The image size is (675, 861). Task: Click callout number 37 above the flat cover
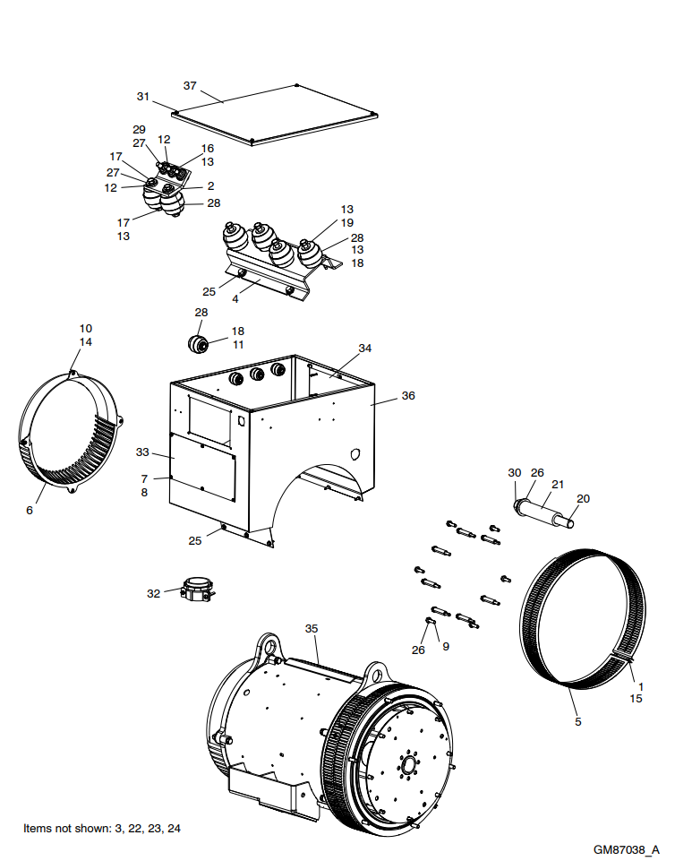coord(189,86)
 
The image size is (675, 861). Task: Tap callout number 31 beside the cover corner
coord(143,96)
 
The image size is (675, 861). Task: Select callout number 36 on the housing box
coord(408,395)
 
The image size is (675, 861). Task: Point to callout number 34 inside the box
coord(364,348)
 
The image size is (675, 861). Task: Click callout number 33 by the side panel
coord(142,452)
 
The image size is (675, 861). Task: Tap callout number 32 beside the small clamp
coord(154,593)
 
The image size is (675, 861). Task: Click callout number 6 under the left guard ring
coord(30,510)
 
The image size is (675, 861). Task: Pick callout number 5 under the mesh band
coord(577,721)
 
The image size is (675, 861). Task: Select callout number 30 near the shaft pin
coord(514,472)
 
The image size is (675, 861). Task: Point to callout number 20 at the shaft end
coord(583,498)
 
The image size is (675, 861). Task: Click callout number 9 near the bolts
coord(446,646)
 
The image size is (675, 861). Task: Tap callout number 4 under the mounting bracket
coord(235,298)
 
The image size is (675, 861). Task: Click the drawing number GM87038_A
coord(626,847)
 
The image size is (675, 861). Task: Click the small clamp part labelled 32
coord(197,590)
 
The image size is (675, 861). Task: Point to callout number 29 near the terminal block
coord(139,130)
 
